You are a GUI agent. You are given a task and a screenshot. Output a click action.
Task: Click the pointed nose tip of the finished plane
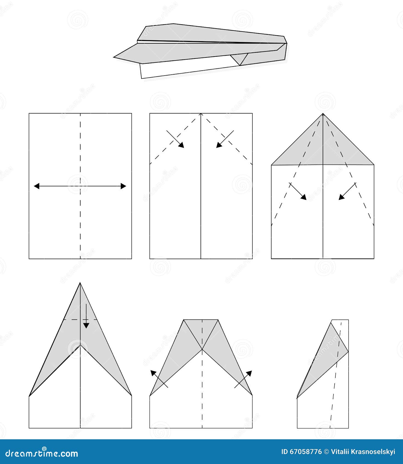(114, 57)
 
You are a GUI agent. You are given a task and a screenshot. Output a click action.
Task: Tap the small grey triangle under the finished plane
(240, 58)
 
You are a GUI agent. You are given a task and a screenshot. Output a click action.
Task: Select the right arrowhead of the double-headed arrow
(123, 186)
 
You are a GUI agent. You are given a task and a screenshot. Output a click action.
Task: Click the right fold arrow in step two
(225, 139)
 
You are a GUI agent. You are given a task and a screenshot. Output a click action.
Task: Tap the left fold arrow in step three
(298, 191)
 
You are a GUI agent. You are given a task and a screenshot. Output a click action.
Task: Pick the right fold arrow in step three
(347, 191)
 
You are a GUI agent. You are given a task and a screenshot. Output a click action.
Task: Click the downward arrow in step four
(86, 316)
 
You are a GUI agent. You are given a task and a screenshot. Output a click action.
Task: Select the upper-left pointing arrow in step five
(159, 379)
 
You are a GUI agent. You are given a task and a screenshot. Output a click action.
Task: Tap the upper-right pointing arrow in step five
(243, 379)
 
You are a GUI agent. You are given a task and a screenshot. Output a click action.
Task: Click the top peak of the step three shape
(323, 114)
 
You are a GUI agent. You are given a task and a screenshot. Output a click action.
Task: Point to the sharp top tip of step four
(80, 283)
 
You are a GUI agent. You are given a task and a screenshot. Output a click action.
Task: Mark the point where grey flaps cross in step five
(202, 349)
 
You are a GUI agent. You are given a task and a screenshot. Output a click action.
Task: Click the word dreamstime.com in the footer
(42, 453)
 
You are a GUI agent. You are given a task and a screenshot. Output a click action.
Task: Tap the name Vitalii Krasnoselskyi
(363, 452)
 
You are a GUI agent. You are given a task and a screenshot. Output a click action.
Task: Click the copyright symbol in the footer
(326, 452)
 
